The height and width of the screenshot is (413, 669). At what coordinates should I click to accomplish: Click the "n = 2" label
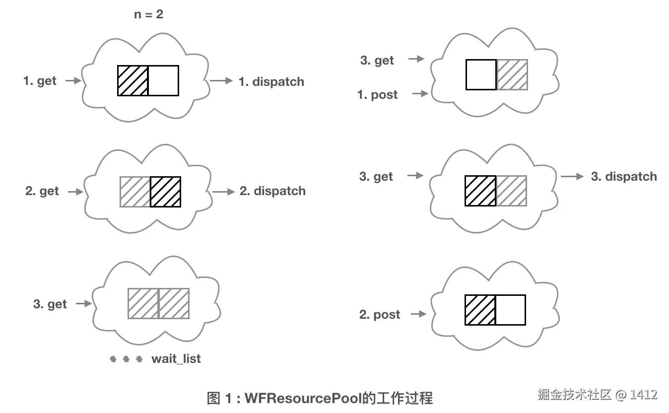148,14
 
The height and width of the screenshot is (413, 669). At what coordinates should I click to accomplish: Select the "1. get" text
40,81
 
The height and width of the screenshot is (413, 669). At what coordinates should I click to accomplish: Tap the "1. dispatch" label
271,82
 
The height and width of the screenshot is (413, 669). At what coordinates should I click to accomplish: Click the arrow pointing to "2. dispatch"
223,192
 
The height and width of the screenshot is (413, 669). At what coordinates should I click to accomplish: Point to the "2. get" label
42,191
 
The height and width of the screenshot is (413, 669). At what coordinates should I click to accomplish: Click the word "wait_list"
176,358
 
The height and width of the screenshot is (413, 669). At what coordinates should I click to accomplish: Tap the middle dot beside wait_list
126,358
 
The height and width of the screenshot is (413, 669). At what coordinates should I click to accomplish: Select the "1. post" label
377,94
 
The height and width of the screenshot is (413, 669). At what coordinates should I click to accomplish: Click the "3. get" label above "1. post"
377,61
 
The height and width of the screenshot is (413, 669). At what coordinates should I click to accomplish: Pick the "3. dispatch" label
624,177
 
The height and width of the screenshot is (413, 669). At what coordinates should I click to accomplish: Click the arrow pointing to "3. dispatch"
572,176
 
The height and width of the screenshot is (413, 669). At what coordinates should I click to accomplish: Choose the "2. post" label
379,314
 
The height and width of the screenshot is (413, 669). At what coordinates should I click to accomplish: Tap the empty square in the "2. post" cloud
510,310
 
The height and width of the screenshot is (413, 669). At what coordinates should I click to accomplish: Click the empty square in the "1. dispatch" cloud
163,80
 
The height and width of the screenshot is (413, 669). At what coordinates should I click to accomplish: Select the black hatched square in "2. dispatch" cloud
165,192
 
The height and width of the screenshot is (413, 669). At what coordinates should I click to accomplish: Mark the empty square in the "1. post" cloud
481,74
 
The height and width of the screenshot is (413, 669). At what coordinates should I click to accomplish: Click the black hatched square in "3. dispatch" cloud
480,191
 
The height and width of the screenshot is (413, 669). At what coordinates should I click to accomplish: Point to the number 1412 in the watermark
644,395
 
